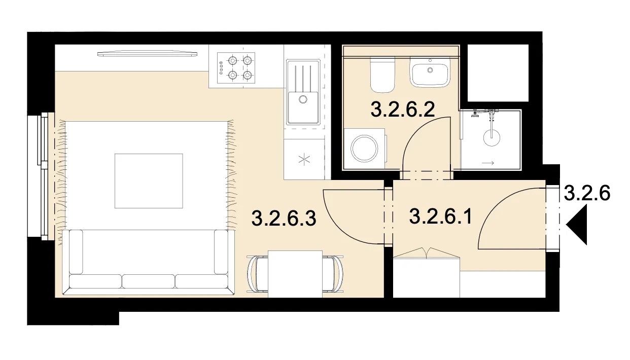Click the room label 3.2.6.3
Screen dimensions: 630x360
(x=284, y=219)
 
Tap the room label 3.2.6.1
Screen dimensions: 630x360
(x=440, y=217)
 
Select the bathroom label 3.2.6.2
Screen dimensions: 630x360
(x=403, y=110)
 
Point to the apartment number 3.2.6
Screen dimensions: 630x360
(x=587, y=193)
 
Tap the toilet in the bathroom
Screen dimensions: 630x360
(x=383, y=75)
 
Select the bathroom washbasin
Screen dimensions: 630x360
(x=429, y=72)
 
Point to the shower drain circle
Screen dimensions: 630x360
(x=492, y=137)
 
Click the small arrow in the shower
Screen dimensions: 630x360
(x=488, y=163)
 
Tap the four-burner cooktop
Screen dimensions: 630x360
(x=236, y=68)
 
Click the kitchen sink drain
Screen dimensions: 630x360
(x=303, y=99)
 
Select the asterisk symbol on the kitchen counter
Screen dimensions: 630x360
(x=304, y=160)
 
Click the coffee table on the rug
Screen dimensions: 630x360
(x=149, y=181)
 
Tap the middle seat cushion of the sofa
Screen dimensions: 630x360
(x=148, y=281)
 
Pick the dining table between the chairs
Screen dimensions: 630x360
(x=295, y=274)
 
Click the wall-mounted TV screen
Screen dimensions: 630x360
(x=147, y=53)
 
